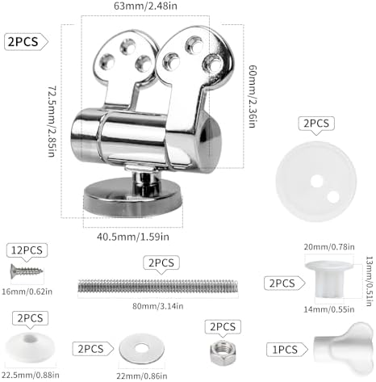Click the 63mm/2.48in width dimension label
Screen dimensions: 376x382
pyautogui.click(x=145, y=6)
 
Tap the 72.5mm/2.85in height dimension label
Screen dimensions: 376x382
pyautogui.click(x=52, y=121)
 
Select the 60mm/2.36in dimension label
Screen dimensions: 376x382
pyautogui.click(x=253, y=96)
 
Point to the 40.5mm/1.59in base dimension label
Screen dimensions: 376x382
pyautogui.click(x=133, y=237)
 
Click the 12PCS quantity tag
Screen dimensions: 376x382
pyautogui.click(x=27, y=250)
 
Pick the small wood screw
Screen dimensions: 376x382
pyautogui.click(x=27, y=271)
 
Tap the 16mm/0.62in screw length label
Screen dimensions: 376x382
pyautogui.click(x=27, y=292)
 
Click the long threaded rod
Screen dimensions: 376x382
pyautogui.click(x=158, y=286)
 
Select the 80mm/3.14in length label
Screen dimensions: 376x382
pyautogui.click(x=158, y=306)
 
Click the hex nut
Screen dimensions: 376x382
pyautogui.click(x=223, y=351)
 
